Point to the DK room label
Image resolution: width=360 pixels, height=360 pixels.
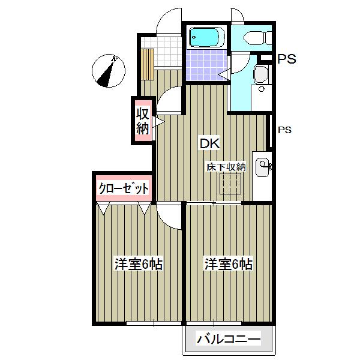[209, 144]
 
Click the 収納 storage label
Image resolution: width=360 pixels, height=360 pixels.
[142, 121]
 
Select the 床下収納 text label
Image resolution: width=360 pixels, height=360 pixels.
[227, 167]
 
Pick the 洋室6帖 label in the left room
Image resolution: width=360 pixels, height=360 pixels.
[137, 265]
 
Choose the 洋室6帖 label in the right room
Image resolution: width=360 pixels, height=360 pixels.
[228, 265]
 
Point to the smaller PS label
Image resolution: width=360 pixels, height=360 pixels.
[284, 128]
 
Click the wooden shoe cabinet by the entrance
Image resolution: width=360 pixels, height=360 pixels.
[148, 63]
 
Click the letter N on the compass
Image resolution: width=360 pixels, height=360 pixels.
[113, 58]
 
